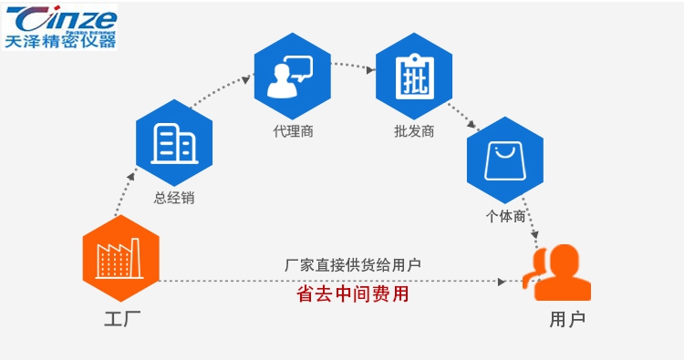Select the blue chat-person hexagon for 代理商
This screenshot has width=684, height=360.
point(293,77)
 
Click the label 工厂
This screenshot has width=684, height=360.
point(120,319)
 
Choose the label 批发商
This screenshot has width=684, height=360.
point(413,131)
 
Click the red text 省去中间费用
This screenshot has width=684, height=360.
point(352,295)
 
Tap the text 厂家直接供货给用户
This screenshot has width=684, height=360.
point(352,265)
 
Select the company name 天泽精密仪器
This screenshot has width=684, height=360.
point(60,40)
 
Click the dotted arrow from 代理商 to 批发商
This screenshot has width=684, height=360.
point(353,66)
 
